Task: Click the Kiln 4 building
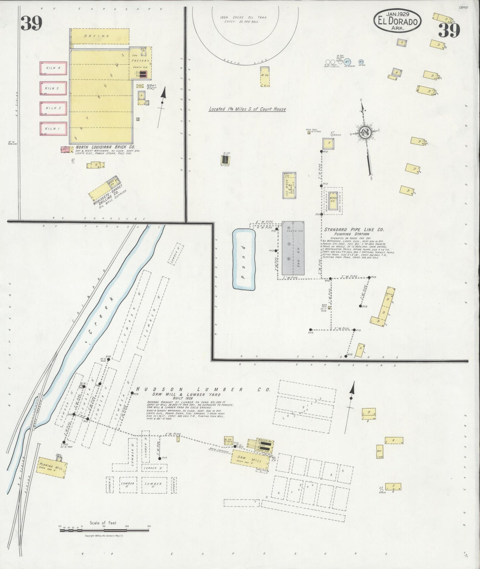point(53,68)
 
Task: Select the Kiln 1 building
point(53,129)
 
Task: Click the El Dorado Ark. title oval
point(397,21)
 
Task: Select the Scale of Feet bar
point(104,530)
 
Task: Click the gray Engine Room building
point(293,250)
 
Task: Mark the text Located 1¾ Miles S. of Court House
point(247,109)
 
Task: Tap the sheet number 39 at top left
point(31,23)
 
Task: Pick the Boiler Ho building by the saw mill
point(261,444)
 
